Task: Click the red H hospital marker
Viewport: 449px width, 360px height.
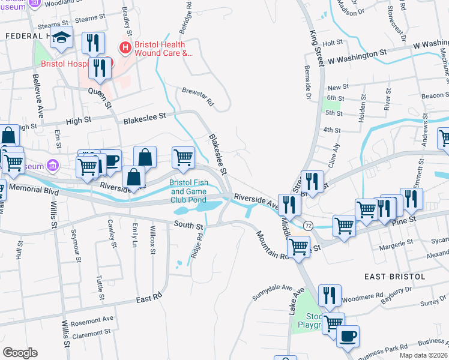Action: pyautogui.click(x=125, y=47)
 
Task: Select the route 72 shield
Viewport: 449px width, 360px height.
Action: pyautogui.click(x=308, y=224)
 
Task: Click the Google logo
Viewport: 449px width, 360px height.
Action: pyautogui.click(x=20, y=353)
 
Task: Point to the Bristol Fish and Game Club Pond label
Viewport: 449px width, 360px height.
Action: pyautogui.click(x=188, y=191)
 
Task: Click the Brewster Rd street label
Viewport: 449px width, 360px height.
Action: pyautogui.click(x=197, y=97)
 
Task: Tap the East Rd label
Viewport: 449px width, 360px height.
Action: pyautogui.click(x=149, y=298)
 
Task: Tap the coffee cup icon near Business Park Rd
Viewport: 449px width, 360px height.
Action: pyautogui.click(x=348, y=336)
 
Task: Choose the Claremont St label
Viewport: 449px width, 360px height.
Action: pyautogui.click(x=91, y=332)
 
